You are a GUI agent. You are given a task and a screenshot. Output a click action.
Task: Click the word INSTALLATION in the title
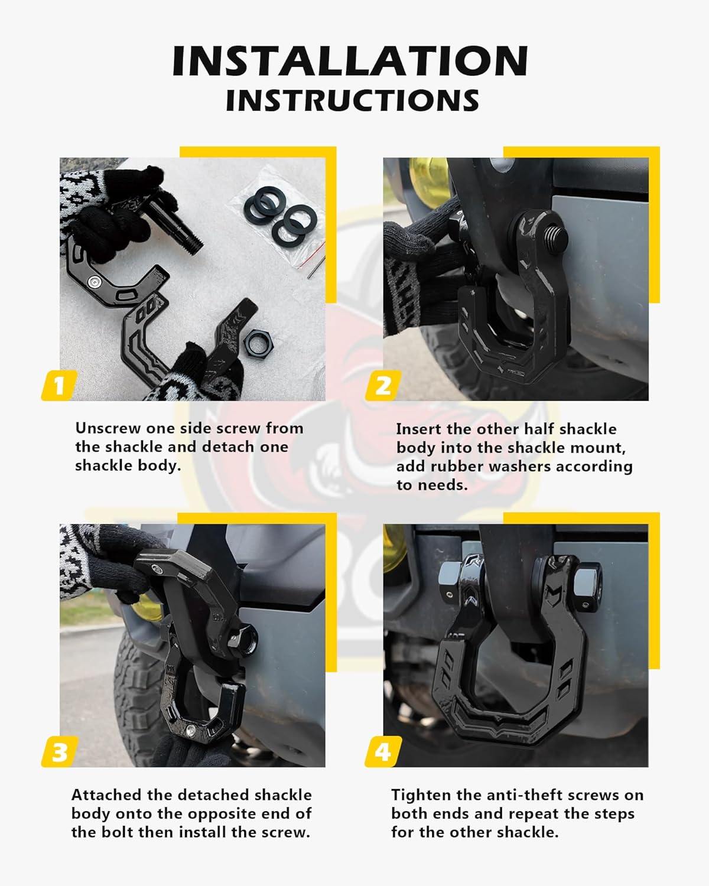tap(350, 60)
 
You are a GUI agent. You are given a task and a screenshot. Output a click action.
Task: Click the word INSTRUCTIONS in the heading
tap(352, 100)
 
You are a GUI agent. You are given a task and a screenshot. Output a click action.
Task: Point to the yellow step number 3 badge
tap(59, 753)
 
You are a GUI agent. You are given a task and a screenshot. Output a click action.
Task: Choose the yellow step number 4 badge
tap(383, 753)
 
